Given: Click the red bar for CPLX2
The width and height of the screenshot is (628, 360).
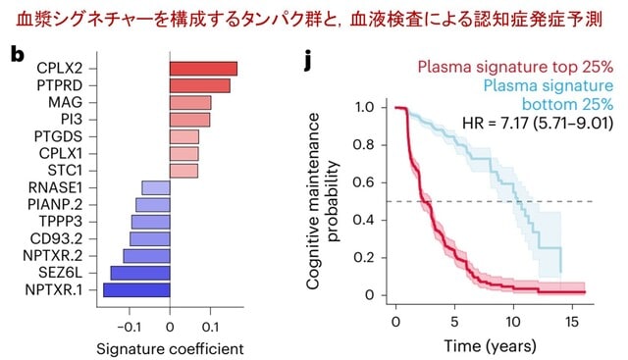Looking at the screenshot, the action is pyautogui.click(x=203, y=69).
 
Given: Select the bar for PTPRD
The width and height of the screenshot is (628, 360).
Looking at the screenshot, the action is pyautogui.click(x=200, y=85).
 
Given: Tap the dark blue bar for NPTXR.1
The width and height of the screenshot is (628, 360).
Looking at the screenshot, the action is pyautogui.click(x=136, y=290).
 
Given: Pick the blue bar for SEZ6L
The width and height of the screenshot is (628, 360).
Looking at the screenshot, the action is pyautogui.click(x=140, y=273).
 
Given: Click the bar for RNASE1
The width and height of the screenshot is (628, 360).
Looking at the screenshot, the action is pyautogui.click(x=156, y=187).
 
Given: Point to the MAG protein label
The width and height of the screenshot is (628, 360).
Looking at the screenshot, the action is pyautogui.click(x=66, y=103).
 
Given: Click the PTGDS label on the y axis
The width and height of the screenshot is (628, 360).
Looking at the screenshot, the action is pyautogui.click(x=58, y=136).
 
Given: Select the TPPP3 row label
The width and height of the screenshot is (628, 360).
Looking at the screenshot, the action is pyautogui.click(x=61, y=222).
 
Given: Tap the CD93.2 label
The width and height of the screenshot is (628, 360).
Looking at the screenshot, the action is pyautogui.click(x=56, y=238).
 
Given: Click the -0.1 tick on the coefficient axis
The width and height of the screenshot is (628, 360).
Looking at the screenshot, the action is pyautogui.click(x=129, y=328).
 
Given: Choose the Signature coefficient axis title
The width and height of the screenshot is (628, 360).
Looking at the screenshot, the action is pyautogui.click(x=170, y=349).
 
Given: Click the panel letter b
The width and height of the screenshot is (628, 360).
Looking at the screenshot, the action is pyautogui.click(x=17, y=55).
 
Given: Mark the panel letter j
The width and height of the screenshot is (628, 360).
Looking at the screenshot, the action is pyautogui.click(x=307, y=60).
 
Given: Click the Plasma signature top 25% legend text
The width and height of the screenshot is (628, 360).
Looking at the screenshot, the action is pyautogui.click(x=515, y=67).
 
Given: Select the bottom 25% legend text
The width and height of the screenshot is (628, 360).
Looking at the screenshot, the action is pyautogui.click(x=567, y=104).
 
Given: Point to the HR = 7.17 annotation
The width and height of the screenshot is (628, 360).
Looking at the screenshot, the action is pyautogui.click(x=538, y=123).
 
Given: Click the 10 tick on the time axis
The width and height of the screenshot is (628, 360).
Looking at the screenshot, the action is pyautogui.click(x=513, y=322).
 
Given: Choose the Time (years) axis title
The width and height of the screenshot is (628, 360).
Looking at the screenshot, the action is pyautogui.click(x=490, y=345).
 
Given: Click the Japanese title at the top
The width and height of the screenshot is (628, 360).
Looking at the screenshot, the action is pyautogui.click(x=309, y=20).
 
